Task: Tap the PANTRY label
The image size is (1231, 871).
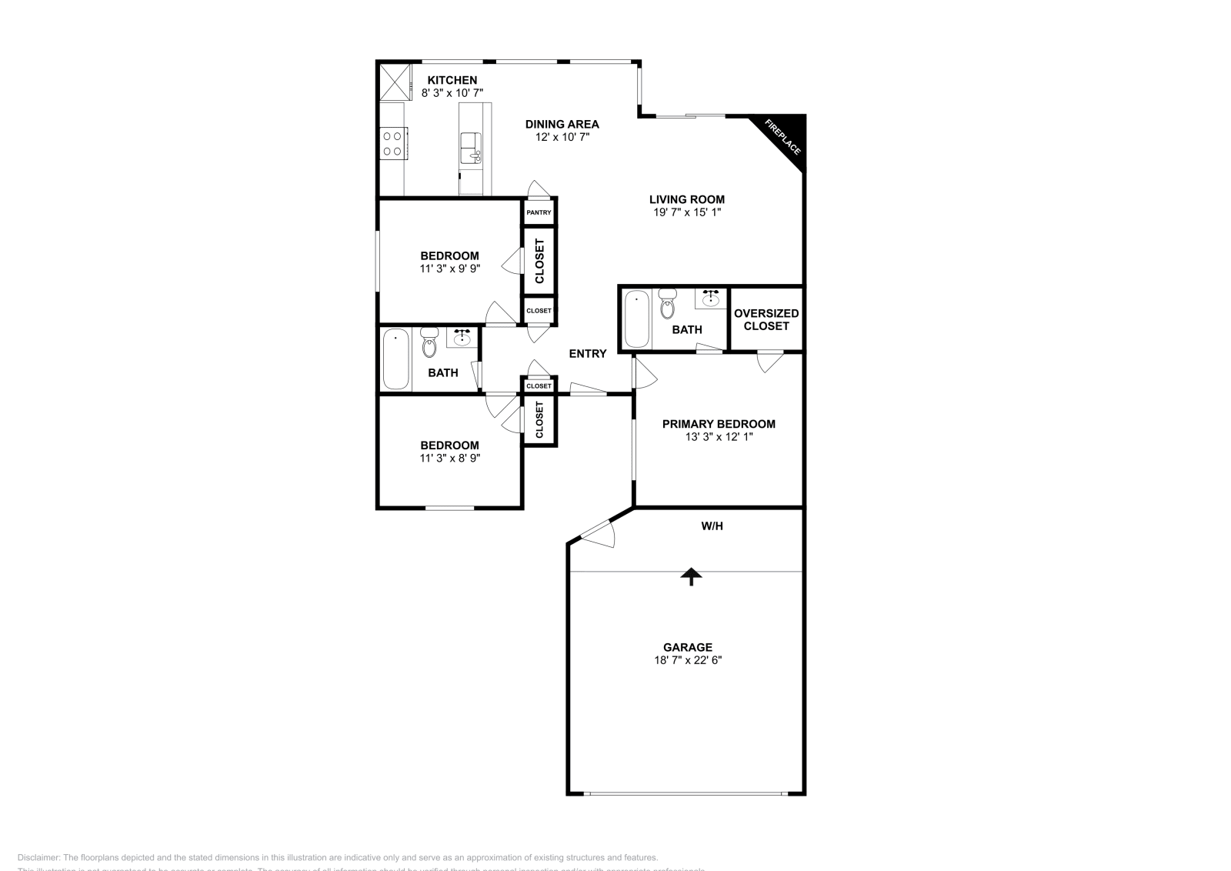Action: click(x=539, y=212)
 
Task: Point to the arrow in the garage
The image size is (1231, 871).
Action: click(x=691, y=576)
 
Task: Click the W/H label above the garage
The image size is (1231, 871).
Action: click(x=712, y=526)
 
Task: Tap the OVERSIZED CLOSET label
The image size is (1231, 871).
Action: click(x=766, y=319)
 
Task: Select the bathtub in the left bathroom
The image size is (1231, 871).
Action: click(x=396, y=359)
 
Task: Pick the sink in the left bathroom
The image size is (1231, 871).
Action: click(x=462, y=338)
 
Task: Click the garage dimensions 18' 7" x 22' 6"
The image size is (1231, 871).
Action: click(x=687, y=660)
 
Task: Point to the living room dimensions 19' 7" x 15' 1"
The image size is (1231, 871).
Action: click(x=687, y=212)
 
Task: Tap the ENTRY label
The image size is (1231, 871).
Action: click(x=588, y=354)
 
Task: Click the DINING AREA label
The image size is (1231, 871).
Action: click(x=562, y=124)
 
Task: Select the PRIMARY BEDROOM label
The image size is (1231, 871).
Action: click(x=719, y=424)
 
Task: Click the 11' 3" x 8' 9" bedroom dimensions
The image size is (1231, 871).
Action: click(x=449, y=459)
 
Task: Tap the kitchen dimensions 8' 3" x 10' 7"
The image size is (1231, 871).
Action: click(x=452, y=93)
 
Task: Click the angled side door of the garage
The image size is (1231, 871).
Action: click(x=596, y=532)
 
